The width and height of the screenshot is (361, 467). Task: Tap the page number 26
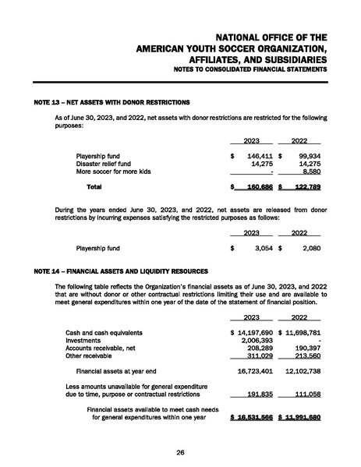click(180, 451)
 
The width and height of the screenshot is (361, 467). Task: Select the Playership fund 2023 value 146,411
click(254, 156)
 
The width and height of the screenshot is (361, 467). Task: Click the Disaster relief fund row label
click(104, 164)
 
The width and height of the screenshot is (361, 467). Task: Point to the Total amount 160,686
click(253, 187)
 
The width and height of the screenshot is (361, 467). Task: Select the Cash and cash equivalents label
click(104, 333)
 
